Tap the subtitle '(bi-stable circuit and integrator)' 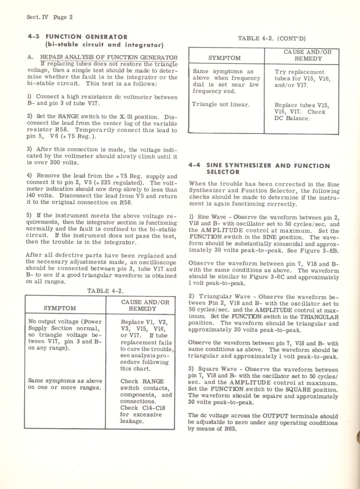tap(104, 45)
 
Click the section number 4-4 tap(194, 166)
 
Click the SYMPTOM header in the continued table tap(225, 58)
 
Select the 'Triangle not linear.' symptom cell tap(221, 104)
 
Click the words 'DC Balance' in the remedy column tap(292, 118)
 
